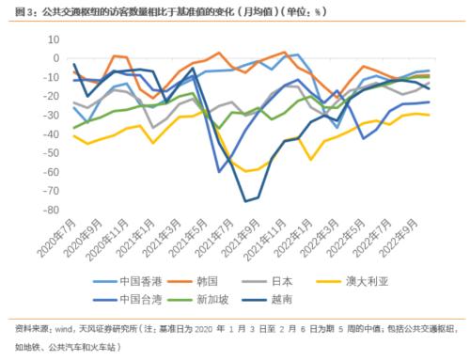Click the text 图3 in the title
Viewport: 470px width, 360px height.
pyautogui.click(x=17, y=10)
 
